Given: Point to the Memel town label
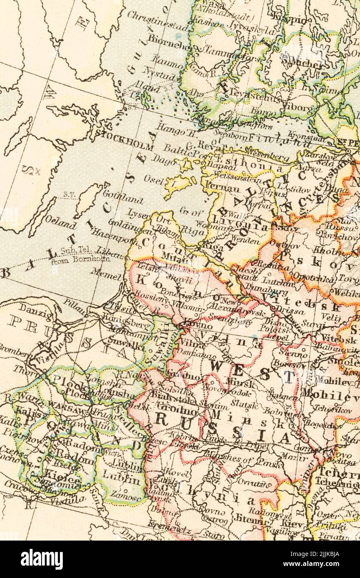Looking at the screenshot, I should (106, 274).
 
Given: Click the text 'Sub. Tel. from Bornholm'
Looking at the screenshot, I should (81, 255).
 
